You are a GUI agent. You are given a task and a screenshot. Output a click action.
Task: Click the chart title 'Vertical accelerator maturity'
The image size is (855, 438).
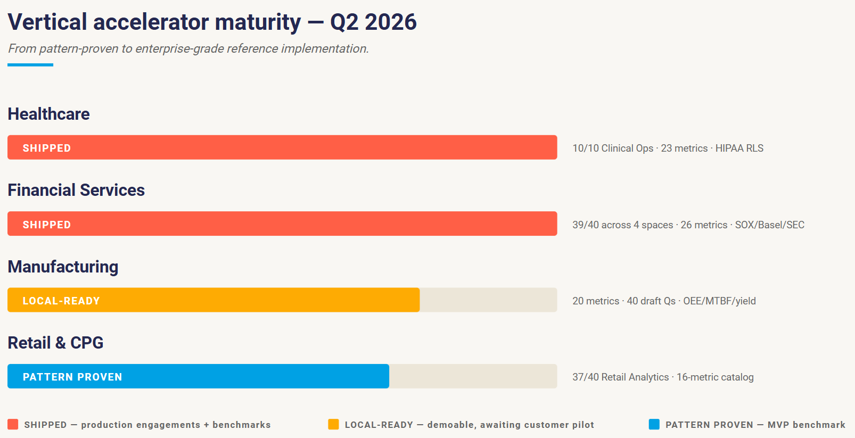(x=154, y=22)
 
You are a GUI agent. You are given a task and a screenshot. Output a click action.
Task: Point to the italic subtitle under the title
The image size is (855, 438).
(x=188, y=49)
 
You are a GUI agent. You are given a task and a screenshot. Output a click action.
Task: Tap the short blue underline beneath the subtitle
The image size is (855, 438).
(x=30, y=65)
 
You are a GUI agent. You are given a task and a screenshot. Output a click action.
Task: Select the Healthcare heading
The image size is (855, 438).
(x=48, y=114)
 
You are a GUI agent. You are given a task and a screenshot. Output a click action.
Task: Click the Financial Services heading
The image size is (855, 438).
(x=76, y=190)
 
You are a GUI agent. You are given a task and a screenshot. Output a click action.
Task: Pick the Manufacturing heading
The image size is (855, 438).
(x=63, y=267)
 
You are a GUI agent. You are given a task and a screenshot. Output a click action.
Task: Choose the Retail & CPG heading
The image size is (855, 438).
(x=55, y=343)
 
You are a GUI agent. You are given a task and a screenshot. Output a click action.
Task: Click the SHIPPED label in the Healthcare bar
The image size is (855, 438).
(x=46, y=148)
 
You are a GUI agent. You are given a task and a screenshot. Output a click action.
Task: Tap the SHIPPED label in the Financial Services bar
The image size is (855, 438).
(x=46, y=225)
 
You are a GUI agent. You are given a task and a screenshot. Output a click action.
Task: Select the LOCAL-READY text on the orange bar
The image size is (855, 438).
(x=61, y=301)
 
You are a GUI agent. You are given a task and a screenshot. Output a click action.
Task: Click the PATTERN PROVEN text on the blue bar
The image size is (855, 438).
(x=72, y=377)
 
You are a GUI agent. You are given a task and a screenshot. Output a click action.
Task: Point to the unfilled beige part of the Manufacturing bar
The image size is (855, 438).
(x=488, y=300)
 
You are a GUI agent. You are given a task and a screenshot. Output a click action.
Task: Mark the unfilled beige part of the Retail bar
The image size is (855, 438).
(x=473, y=376)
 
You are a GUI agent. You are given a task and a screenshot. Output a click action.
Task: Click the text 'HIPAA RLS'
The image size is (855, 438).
(x=739, y=148)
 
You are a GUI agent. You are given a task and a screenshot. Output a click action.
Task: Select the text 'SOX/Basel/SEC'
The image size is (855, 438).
(x=769, y=225)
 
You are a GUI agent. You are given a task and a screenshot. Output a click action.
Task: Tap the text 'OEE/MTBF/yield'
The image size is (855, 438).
(x=719, y=301)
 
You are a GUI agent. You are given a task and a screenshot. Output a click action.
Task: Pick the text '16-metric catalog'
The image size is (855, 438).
(x=715, y=377)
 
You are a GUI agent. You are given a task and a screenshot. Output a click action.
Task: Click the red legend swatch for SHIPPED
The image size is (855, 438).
(x=13, y=424)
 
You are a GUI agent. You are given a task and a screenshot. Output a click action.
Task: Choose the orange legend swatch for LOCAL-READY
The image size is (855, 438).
(x=334, y=424)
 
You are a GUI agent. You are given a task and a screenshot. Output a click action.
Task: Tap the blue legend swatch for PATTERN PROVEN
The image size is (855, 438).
(x=654, y=424)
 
